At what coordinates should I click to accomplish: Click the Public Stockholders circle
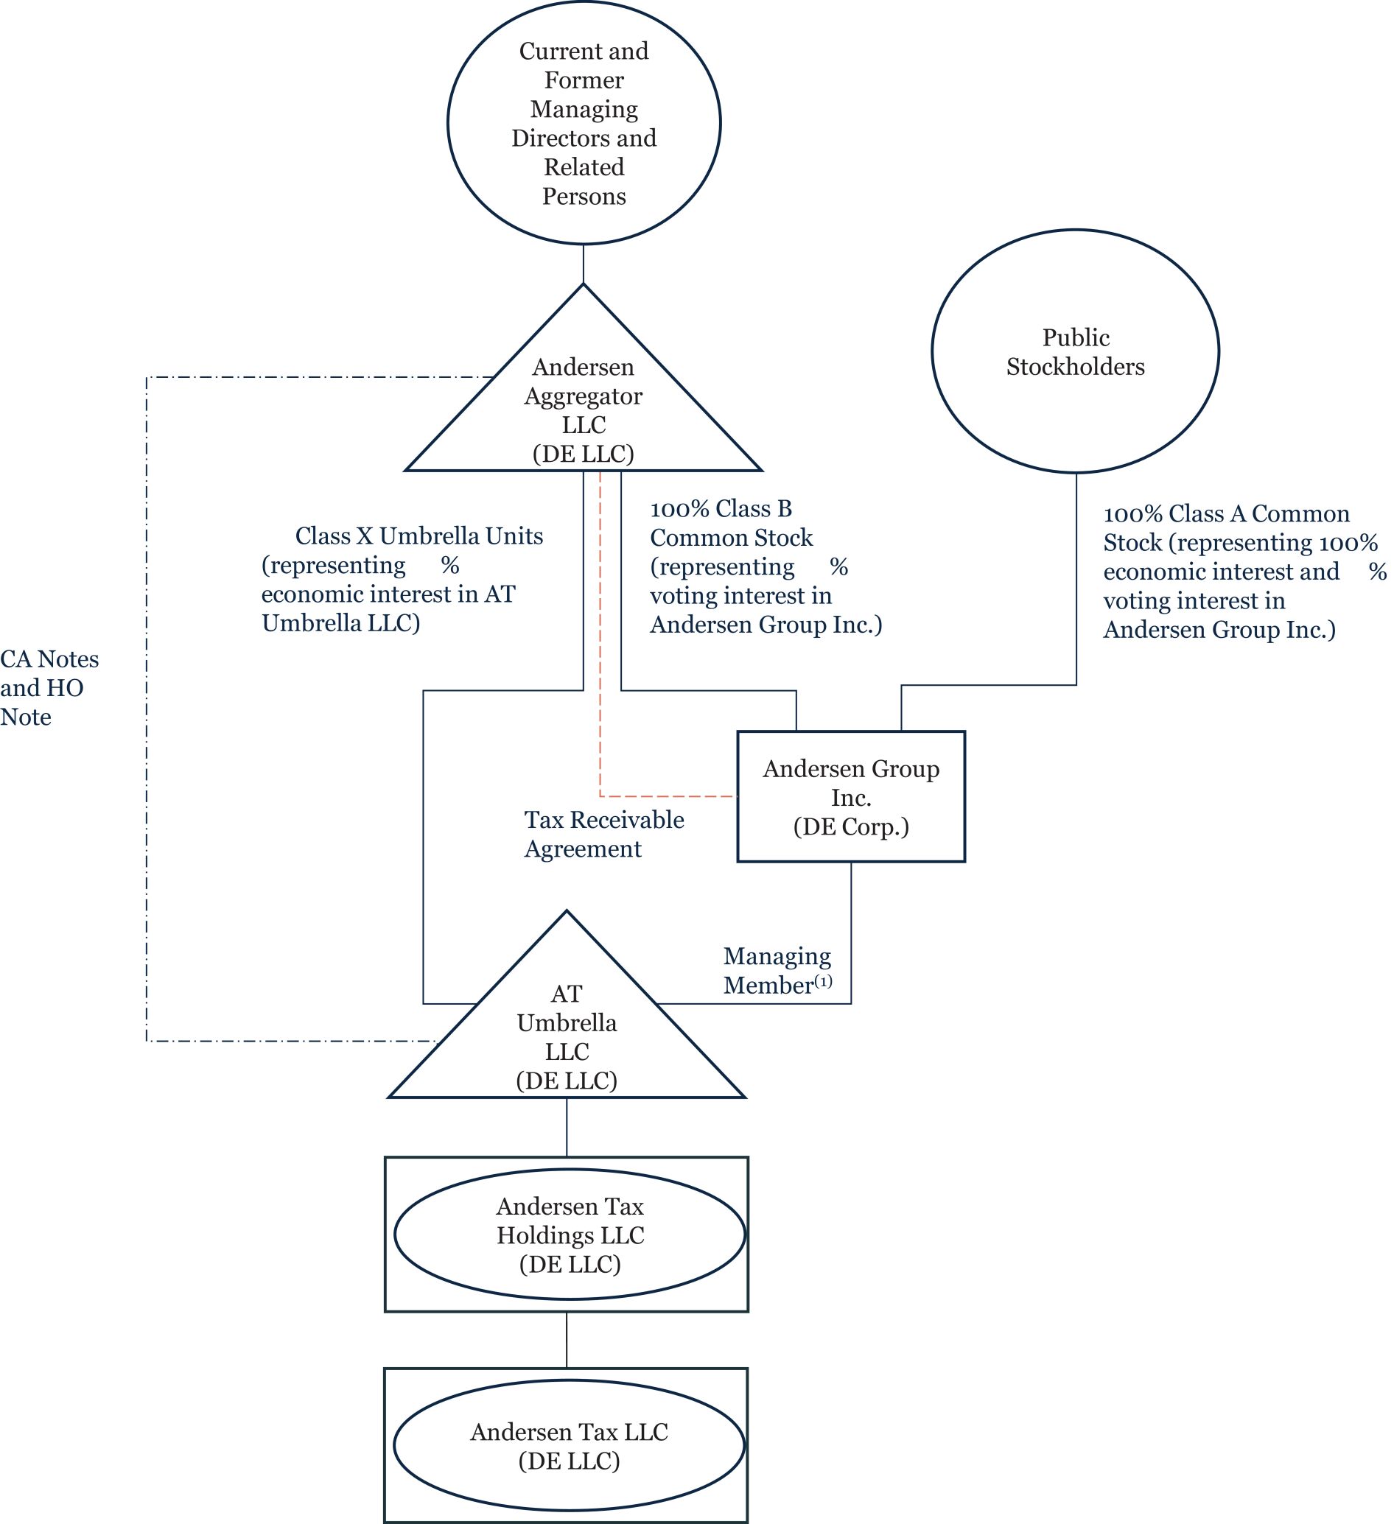(x=1074, y=351)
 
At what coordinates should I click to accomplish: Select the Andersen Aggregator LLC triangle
(x=583, y=409)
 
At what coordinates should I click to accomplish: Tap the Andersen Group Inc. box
(x=850, y=797)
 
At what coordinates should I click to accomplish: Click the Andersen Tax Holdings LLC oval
(x=570, y=1235)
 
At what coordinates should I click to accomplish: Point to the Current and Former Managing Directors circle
(x=584, y=123)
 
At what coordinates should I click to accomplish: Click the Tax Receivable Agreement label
(x=603, y=834)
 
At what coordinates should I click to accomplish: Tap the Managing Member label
(x=777, y=971)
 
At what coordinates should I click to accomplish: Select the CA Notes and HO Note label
(x=49, y=688)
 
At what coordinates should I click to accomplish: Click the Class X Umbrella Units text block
(x=402, y=579)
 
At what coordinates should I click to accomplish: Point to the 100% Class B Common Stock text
(x=765, y=566)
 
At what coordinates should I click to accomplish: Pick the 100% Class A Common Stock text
(x=1240, y=572)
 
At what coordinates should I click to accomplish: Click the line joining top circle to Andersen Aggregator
(x=584, y=264)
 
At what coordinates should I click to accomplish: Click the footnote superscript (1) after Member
(x=822, y=981)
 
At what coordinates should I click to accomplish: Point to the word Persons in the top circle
(x=584, y=197)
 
